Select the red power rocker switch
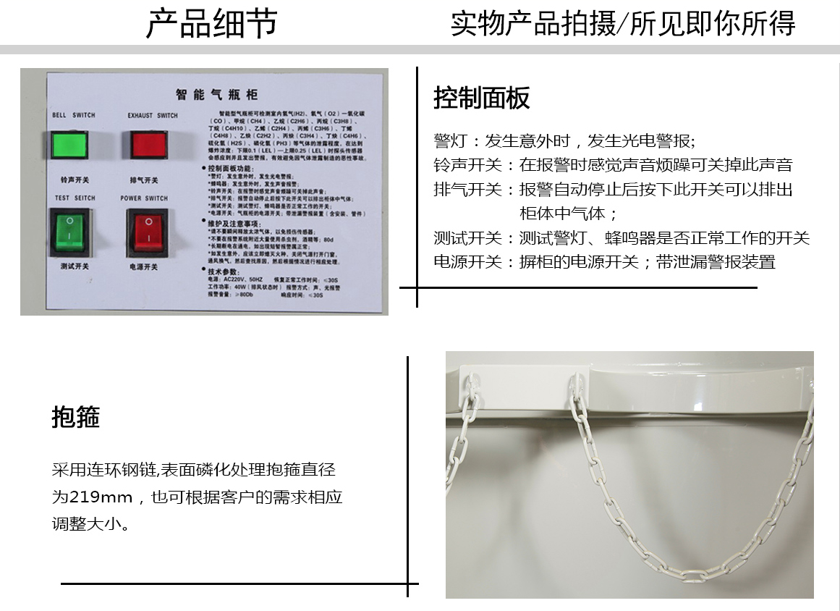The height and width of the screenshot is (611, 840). tap(148, 231)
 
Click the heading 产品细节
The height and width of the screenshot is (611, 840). tap(211, 23)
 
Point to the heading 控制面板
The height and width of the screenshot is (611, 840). tap(482, 98)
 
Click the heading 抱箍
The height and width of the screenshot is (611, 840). tap(76, 417)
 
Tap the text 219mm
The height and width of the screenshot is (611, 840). tap(101, 497)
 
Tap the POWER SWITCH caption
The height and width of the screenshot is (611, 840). tap(144, 198)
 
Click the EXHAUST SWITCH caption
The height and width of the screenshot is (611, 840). tap(152, 115)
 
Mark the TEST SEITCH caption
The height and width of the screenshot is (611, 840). tap(74, 198)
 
